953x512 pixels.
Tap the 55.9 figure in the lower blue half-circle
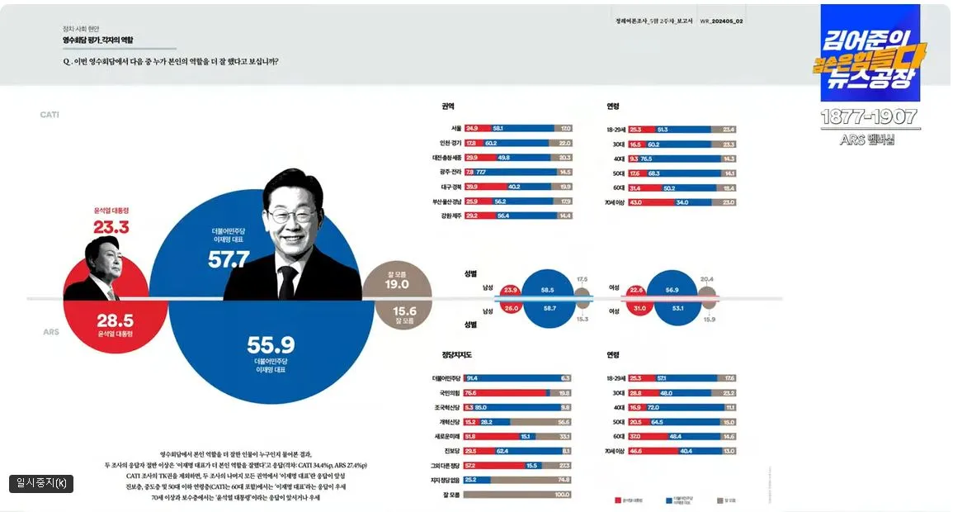tap(271, 345)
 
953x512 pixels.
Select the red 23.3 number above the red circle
tap(111, 227)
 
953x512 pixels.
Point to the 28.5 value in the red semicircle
tap(115, 320)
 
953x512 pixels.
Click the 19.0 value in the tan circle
tap(397, 284)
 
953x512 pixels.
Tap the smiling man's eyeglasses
tap(292, 215)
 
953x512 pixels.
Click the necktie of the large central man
tap(287, 282)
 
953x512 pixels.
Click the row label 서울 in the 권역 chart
tap(455, 129)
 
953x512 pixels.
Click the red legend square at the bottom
tap(619, 500)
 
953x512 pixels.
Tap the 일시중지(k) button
tap(41, 483)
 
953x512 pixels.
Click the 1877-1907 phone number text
tap(869, 117)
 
